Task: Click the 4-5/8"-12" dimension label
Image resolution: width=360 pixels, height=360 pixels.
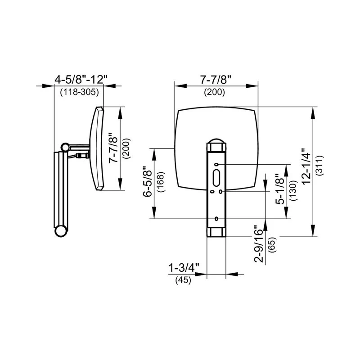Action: pyautogui.click(x=81, y=80)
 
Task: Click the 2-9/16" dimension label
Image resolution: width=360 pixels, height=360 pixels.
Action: pyautogui.click(x=258, y=243)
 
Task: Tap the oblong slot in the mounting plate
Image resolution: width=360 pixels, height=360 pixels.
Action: pyautogui.click(x=216, y=176)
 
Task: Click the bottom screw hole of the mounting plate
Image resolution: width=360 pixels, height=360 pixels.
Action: pyautogui.click(x=216, y=219)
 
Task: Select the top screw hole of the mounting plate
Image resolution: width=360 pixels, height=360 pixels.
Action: pyautogui.click(x=216, y=165)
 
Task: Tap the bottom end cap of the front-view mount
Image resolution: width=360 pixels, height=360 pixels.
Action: pyautogui.click(x=216, y=231)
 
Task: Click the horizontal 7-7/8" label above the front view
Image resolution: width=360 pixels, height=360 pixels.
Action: pyautogui.click(x=216, y=80)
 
